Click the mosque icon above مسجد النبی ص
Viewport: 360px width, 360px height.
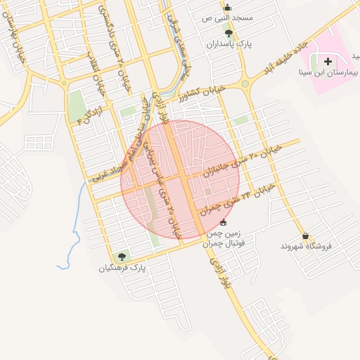click(227, 7)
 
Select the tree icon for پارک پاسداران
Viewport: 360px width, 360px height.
click(228, 32)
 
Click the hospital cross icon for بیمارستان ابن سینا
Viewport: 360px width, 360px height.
click(328, 62)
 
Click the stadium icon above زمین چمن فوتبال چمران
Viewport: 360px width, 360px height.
click(224, 222)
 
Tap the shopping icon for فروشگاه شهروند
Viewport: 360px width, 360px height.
click(305, 236)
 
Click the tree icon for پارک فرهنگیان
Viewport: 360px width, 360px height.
click(123, 257)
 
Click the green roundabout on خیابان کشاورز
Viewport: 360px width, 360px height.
click(245, 84)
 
